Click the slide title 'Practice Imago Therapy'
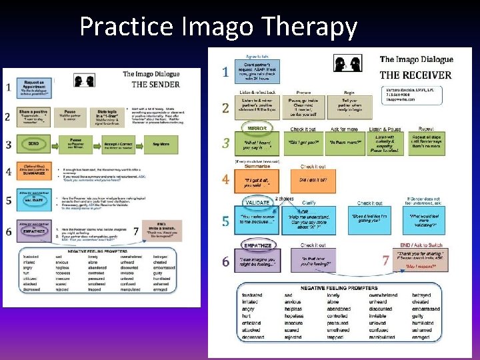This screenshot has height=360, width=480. tap(218, 27)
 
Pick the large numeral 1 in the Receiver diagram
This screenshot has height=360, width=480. tap(226, 71)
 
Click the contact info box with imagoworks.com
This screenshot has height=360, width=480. tap(406, 96)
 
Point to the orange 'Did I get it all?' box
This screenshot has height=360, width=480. tap(313, 181)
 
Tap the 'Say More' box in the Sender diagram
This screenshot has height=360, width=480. tap(160, 144)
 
